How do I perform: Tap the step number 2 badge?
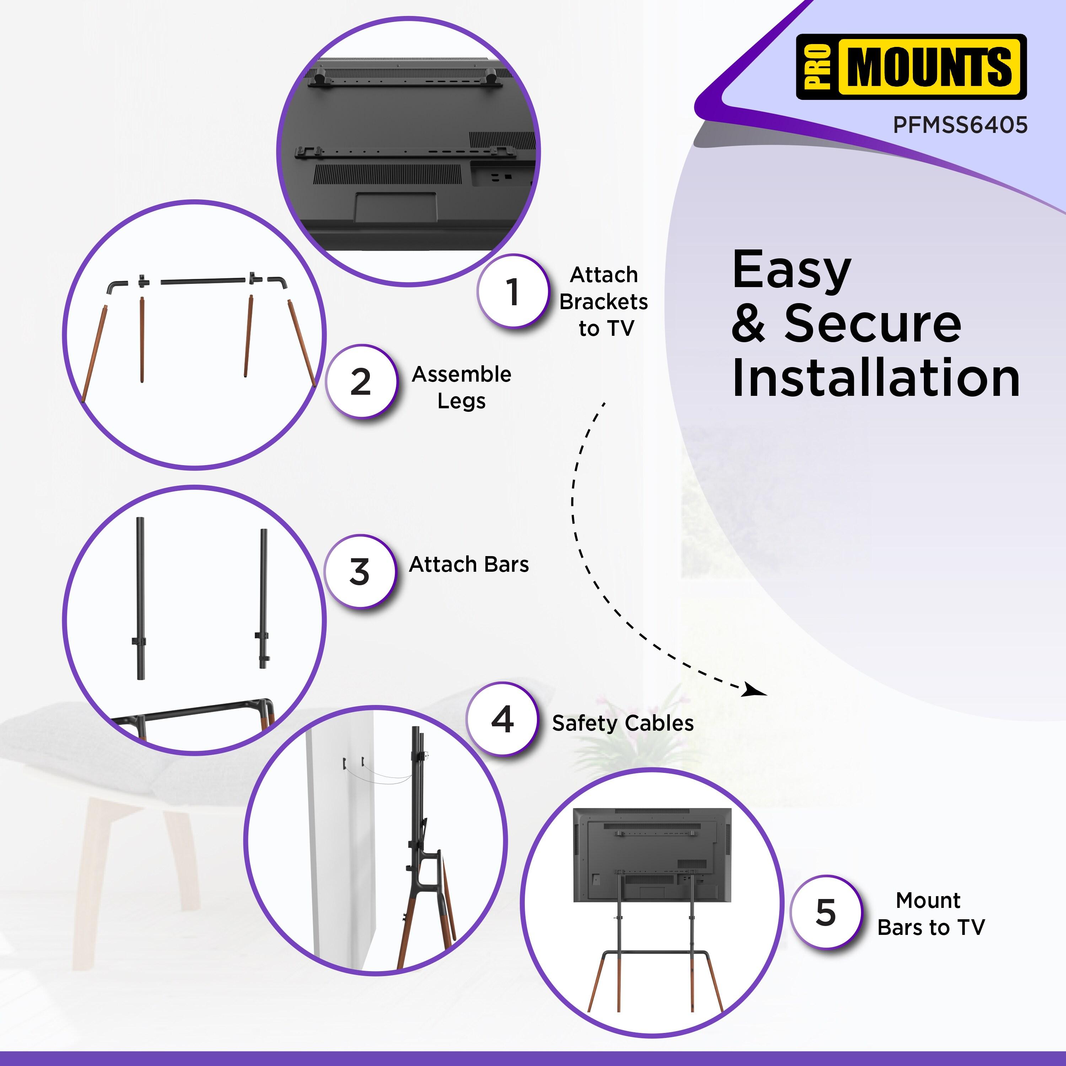(361, 382)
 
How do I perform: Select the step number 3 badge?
(360, 572)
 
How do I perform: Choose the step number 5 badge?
(825, 912)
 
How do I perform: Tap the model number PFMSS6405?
(960, 125)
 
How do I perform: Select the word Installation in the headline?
(876, 378)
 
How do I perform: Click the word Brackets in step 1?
(604, 302)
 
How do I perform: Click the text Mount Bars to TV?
(931, 914)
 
